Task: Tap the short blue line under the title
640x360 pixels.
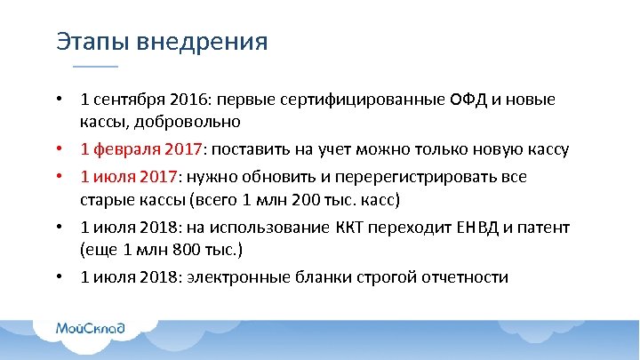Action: [94, 67]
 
